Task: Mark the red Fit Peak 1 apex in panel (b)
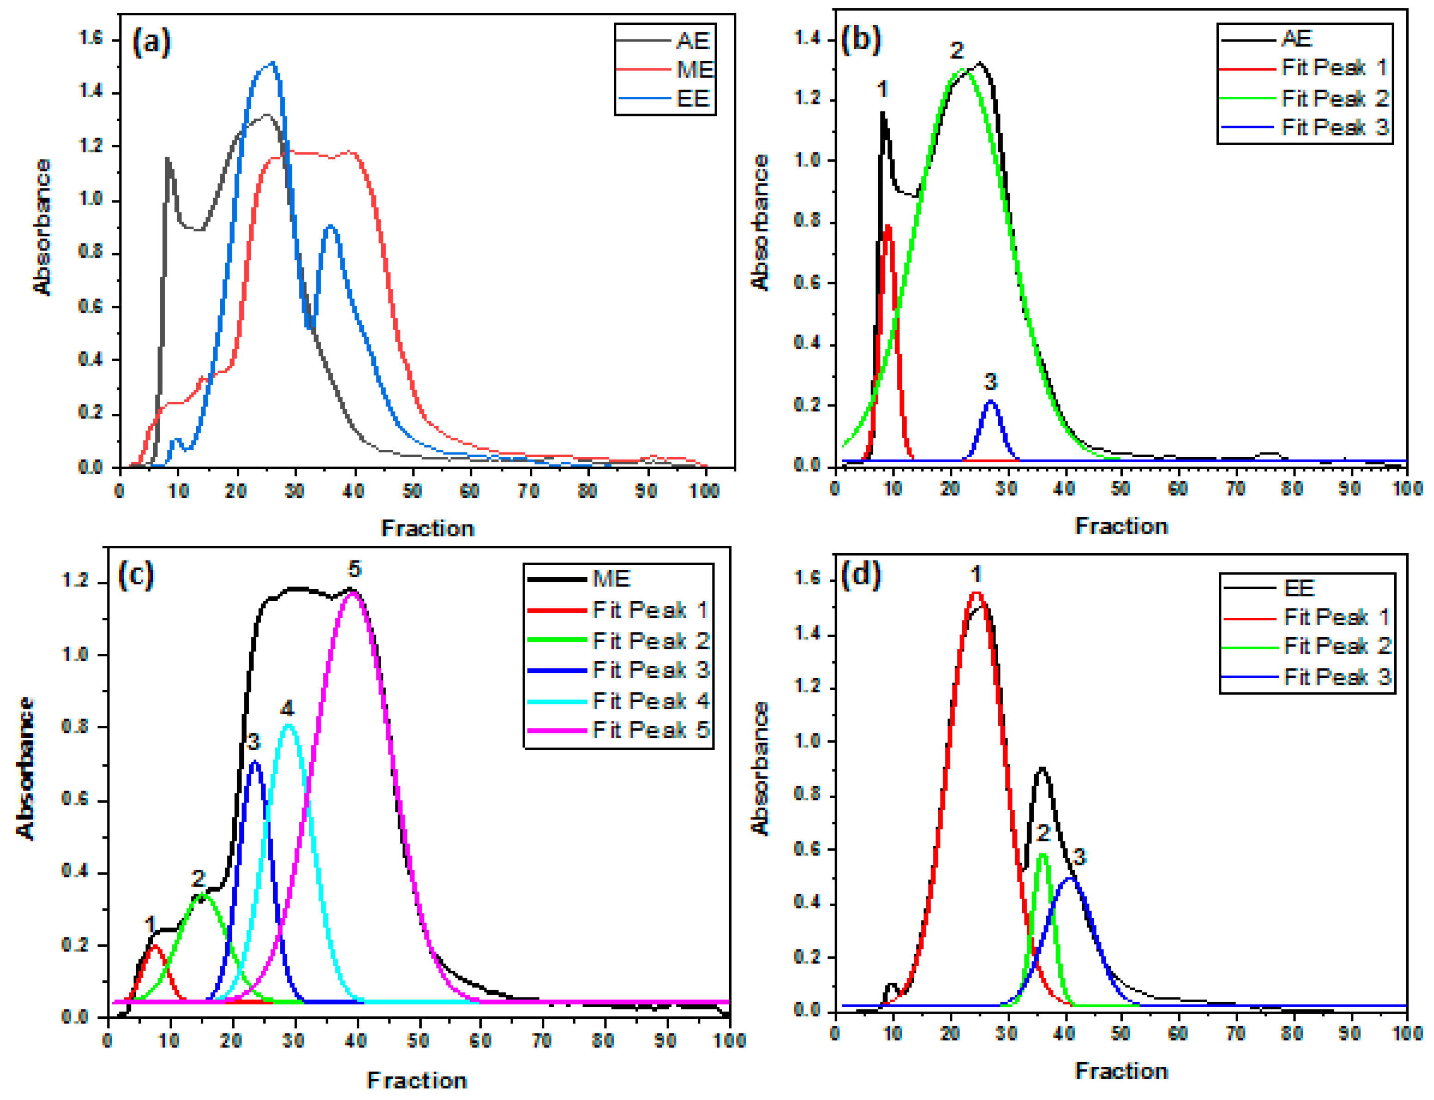888,227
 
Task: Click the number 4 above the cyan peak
287,708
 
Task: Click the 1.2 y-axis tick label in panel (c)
75,582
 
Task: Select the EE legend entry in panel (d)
1299,588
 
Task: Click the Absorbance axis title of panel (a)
41,227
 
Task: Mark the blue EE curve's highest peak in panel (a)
271,63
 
